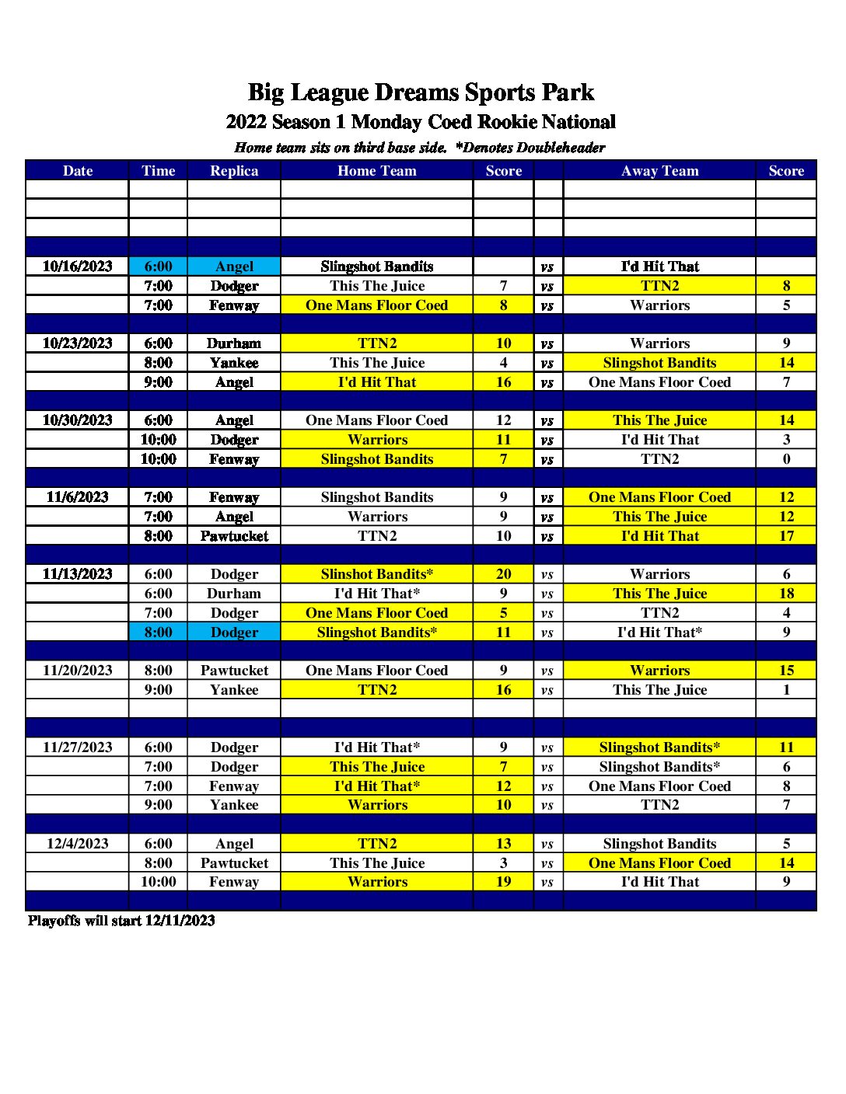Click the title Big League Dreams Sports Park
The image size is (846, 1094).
[x=421, y=92]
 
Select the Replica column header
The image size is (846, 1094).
[x=234, y=171]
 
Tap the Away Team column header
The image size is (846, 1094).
[x=659, y=171]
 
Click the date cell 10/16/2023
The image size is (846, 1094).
[x=77, y=267]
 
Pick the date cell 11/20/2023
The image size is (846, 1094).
[x=77, y=671]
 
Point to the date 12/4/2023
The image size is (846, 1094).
[x=77, y=844]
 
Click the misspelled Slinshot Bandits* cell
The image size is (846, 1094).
[x=377, y=574]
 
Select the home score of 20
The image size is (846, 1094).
[x=503, y=574]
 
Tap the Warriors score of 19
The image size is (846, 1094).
[x=503, y=882]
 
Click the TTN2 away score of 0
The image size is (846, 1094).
[x=786, y=459]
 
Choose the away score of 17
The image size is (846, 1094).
[x=786, y=536]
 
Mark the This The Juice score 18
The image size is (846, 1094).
[x=786, y=594]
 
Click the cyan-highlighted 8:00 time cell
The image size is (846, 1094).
[x=158, y=632]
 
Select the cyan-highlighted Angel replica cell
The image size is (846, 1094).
[x=234, y=267]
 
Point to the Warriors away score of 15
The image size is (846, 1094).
[x=786, y=671]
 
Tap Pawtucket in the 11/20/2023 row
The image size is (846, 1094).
[x=234, y=671]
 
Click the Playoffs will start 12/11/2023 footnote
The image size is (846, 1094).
[x=121, y=921]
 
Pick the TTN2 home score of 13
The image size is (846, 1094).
[x=503, y=844]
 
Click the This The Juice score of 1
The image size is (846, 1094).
[x=786, y=690]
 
